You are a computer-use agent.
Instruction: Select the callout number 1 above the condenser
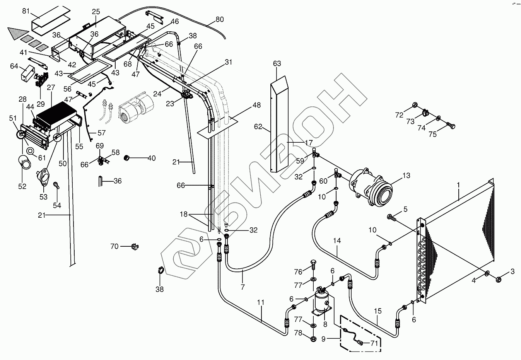459,185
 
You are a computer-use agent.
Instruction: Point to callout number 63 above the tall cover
277,63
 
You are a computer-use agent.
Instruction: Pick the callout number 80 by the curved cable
220,19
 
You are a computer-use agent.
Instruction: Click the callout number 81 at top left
26,11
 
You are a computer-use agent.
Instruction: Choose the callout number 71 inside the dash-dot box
374,343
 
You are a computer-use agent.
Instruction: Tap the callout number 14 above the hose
337,241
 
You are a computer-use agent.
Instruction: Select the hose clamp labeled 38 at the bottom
160,271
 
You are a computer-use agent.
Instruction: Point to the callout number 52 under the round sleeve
22,186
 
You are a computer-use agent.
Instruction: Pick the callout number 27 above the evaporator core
51,87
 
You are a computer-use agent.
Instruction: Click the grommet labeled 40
126,157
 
